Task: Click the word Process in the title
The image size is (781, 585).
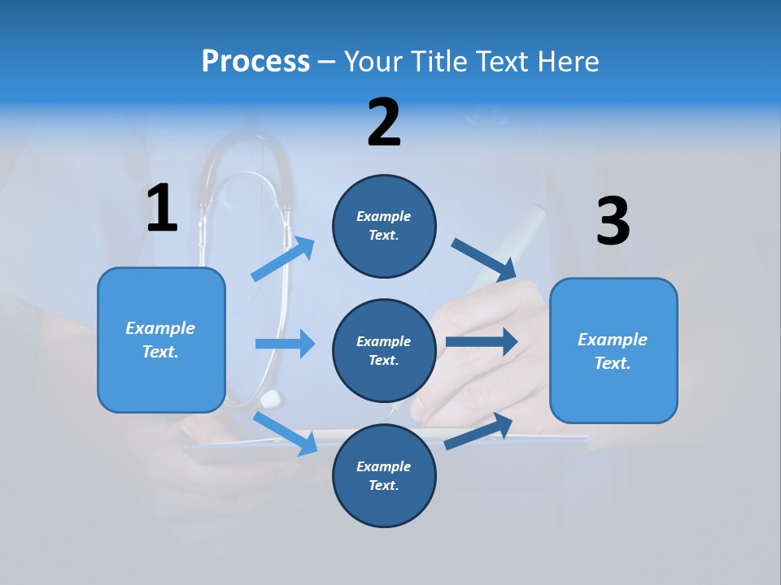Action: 255,62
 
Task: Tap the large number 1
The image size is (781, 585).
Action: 162,209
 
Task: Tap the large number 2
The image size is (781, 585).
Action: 384,123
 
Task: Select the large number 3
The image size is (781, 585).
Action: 613,222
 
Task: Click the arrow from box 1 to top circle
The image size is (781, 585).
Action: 283,259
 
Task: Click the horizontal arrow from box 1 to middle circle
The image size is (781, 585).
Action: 285,344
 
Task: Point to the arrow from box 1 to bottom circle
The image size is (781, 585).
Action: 286,433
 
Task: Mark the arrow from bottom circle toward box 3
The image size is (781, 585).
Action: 479,431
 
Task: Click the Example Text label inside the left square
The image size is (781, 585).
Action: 160,340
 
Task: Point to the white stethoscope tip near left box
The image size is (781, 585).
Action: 270,398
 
